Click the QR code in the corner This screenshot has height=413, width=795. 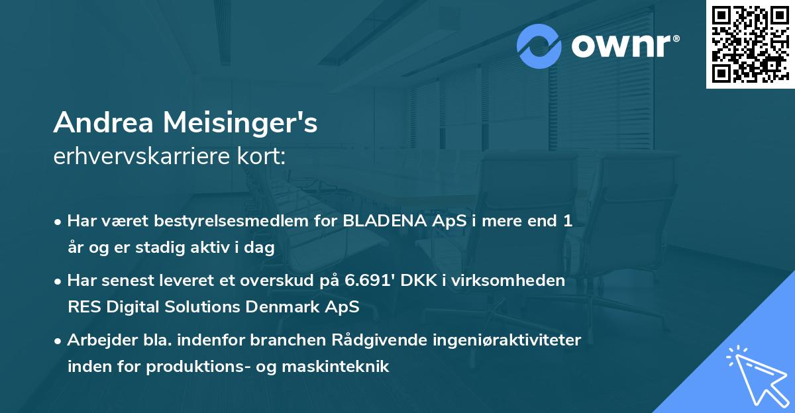(x=750, y=44)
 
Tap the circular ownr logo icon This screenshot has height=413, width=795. (x=539, y=46)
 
